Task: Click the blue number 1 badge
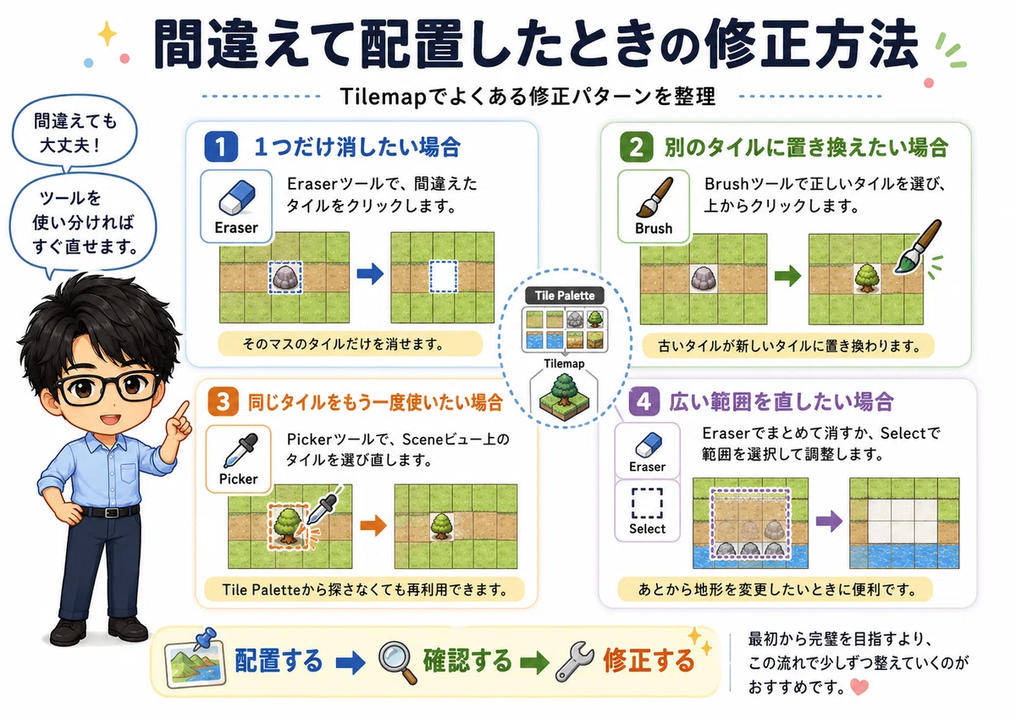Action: pyautogui.click(x=221, y=147)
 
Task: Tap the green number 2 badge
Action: pyautogui.click(x=637, y=147)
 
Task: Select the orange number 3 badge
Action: pyautogui.click(x=224, y=401)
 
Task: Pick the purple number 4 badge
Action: pyautogui.click(x=644, y=401)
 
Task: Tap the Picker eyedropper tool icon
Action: pyautogui.click(x=240, y=450)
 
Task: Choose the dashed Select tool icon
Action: pyautogui.click(x=647, y=503)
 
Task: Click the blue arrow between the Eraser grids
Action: pyautogui.click(x=370, y=274)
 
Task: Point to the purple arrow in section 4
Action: pyautogui.click(x=829, y=520)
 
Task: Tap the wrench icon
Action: pyautogui.click(x=575, y=661)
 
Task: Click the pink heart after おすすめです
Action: pyautogui.click(x=859, y=687)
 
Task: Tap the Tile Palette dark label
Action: pyautogui.click(x=565, y=296)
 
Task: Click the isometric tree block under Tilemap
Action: pyautogui.click(x=564, y=397)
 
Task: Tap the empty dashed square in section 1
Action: pyautogui.click(x=443, y=277)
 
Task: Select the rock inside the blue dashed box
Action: pyautogui.click(x=285, y=277)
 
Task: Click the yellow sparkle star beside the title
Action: pyautogui.click(x=107, y=34)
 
